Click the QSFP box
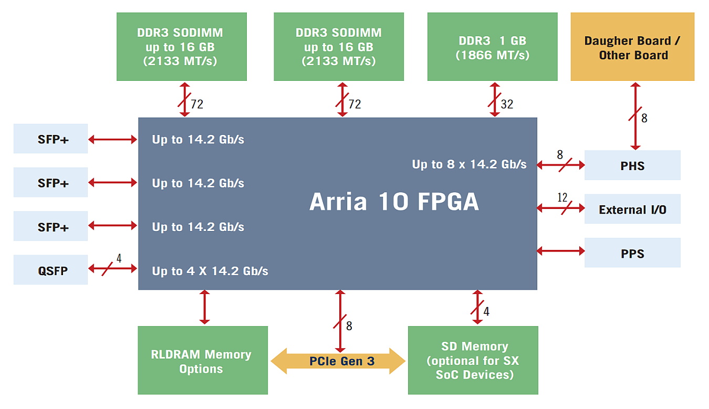pos(50,269)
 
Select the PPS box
pos(632,253)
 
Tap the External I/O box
pos(632,209)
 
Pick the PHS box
pos(632,165)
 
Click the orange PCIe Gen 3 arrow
pos(338,361)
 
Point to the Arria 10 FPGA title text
pos(394,202)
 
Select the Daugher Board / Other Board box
pos(632,47)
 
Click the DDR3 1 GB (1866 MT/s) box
pos(493,47)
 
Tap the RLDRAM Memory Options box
pos(203,360)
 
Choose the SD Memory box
pos(473,360)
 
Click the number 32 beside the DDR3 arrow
pos(507,104)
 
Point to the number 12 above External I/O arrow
pos(562,197)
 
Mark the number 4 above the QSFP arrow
pos(119,258)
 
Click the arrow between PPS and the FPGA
pos(561,251)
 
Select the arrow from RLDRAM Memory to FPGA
pos(204,307)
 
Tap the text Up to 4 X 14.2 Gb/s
pos(210,271)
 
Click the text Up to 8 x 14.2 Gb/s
pos(469,164)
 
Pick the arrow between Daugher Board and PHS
pos(635,116)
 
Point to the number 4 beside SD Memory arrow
pos(486,311)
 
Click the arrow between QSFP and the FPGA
pos(113,269)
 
